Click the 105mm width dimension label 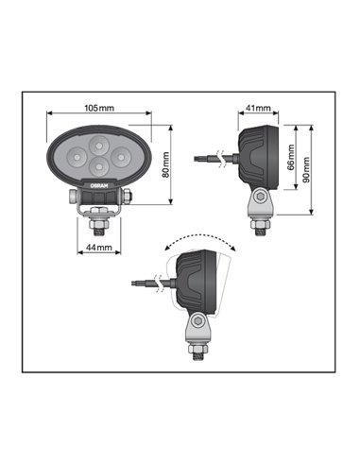[x=98, y=109]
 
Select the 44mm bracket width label [x=97, y=248]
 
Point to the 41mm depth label [x=258, y=109]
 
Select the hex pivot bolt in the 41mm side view [x=257, y=198]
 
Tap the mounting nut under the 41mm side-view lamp [x=257, y=225]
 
